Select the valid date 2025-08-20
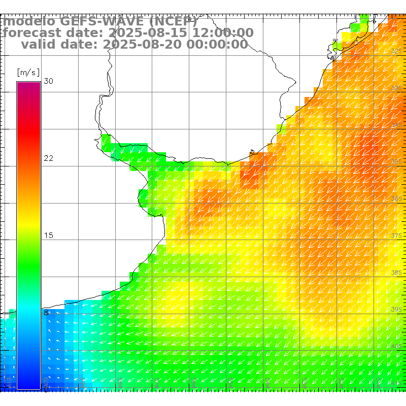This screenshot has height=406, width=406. (143, 45)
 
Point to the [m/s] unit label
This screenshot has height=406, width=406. (28, 73)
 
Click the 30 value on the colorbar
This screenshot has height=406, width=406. (48, 81)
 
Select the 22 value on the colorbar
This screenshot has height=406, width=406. (48, 158)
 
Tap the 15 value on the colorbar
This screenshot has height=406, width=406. (48, 235)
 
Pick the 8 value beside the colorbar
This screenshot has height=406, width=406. (46, 313)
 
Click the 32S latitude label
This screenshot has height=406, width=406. (397, 51)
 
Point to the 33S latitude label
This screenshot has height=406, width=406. (397, 88)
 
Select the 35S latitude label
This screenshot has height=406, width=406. (397, 162)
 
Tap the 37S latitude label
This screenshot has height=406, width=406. (397, 236)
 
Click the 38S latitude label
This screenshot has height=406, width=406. (397, 273)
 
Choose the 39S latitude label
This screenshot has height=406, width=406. (397, 309)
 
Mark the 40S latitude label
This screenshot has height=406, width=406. (397, 346)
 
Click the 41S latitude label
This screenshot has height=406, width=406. (397, 383)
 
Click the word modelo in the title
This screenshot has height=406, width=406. (29, 22)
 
